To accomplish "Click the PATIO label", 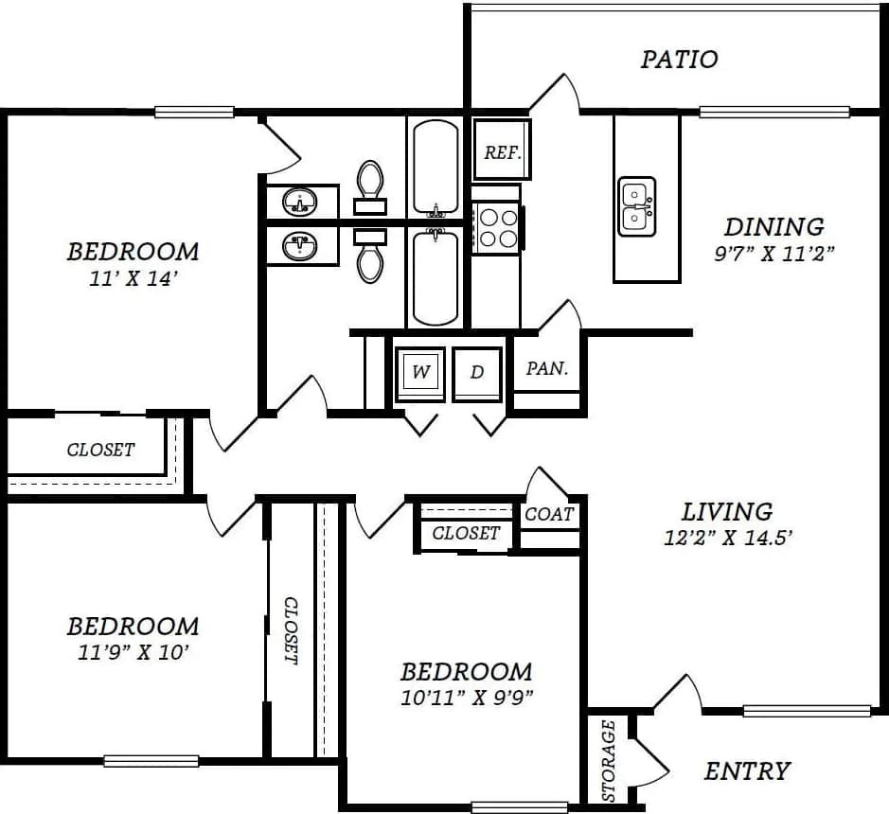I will [679, 60].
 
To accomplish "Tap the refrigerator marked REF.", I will [501, 151].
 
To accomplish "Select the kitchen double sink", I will [636, 206].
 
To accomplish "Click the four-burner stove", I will [497, 227].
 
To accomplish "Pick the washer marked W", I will [420, 373].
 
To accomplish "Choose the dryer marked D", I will [477, 373].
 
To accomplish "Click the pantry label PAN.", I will [547, 369].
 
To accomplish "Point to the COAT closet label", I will [549, 514].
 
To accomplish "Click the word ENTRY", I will [746, 771].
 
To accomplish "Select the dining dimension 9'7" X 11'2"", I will [773, 254].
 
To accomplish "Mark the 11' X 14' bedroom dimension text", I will [133, 279].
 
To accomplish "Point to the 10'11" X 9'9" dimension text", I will [466, 699].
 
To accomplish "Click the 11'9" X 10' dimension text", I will [133, 653].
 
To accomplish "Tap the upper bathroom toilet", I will [369, 182].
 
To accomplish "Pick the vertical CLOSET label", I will [291, 629].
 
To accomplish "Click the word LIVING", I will [726, 512].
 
